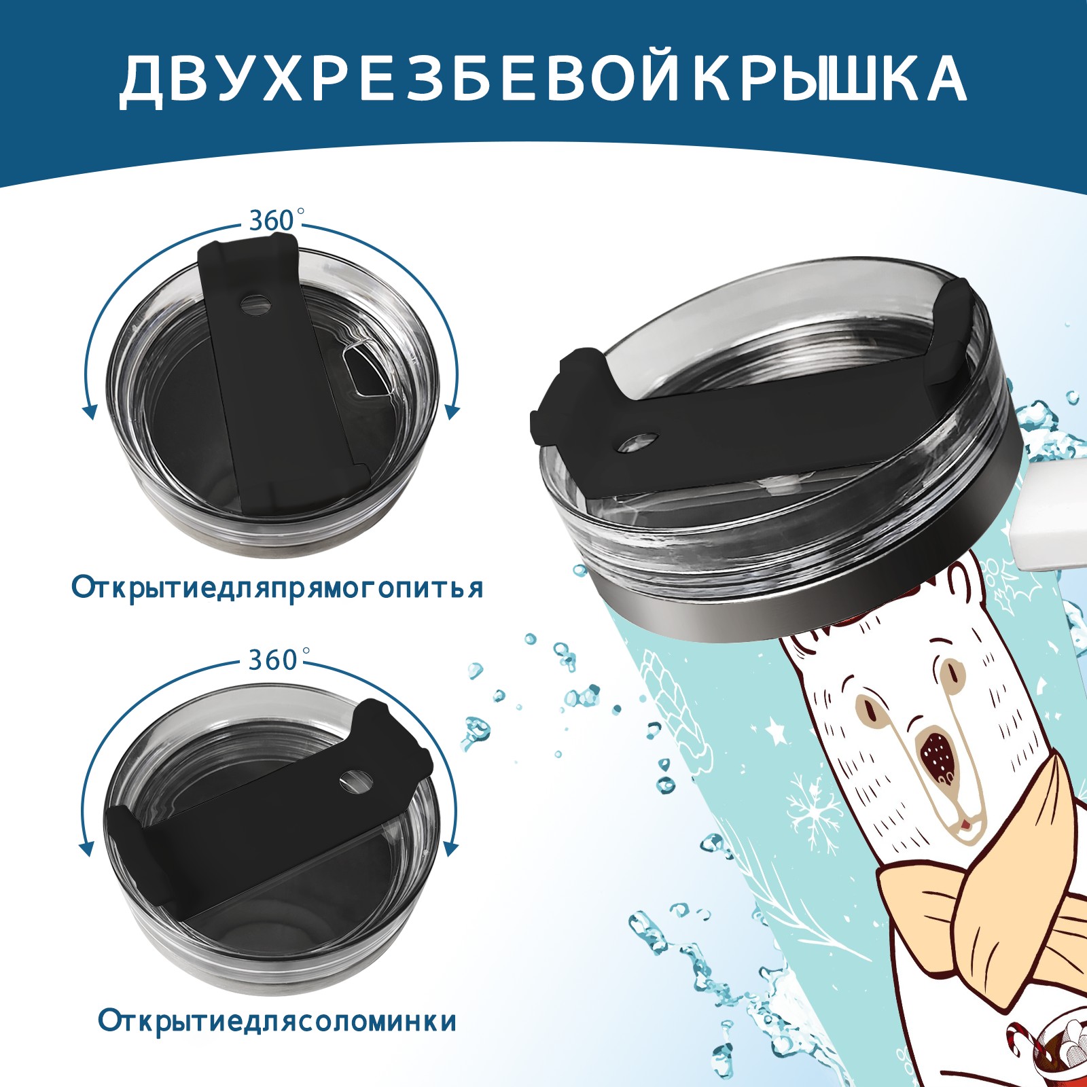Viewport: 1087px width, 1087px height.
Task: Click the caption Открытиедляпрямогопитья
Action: pyautogui.click(x=277, y=588)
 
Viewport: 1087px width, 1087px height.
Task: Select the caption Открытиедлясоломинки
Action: pyautogui.click(x=277, y=1039)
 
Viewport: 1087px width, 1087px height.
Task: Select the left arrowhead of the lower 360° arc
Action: pyautogui.click(x=86, y=847)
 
